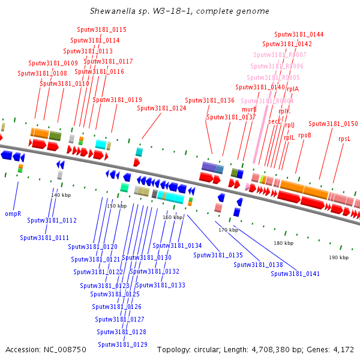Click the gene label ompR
pos(13,213)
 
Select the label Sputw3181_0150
pos(333,124)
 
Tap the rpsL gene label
pos(344,139)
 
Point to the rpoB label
pos(305,135)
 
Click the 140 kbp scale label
pos(61,195)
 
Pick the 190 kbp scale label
pos(338,257)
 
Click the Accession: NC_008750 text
pos(46,349)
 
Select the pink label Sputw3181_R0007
pos(279,55)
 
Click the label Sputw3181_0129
pos(122,344)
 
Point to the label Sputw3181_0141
pos(295,274)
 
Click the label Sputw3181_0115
pos(101,29)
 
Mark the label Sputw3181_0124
pos(161,109)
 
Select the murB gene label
pos(249,109)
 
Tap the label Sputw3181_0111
pos(44,238)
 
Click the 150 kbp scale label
pos(117,206)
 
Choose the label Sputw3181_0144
pos(299,34)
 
